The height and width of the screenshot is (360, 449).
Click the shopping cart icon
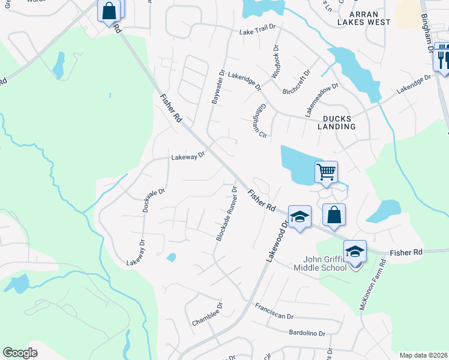coord(327,172)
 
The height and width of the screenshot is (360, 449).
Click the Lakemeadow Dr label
coord(322,99)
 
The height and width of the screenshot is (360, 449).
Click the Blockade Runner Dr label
coord(227,214)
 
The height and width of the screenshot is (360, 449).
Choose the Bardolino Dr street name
coord(307,333)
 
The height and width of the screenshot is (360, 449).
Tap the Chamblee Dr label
coord(207,314)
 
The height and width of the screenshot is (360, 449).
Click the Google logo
coord(20,353)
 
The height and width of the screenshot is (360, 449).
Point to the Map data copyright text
coord(423,355)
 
